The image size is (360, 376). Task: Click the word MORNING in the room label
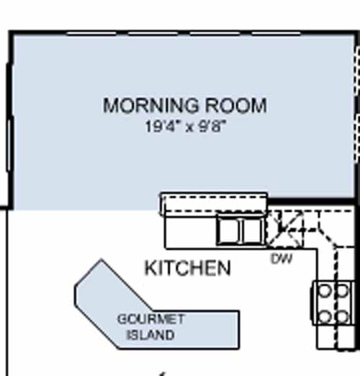[151, 105]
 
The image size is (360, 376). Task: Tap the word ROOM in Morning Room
[236, 105]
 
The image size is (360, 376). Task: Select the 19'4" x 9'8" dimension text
[186, 126]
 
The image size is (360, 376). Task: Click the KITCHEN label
[188, 268]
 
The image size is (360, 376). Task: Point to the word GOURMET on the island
[151, 319]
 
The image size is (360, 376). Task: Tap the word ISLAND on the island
[150, 335]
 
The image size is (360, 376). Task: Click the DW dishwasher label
[282, 259]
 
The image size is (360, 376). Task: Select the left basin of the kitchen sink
[228, 230]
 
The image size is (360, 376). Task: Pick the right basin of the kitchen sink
[252, 230]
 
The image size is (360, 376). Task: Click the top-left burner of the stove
[324, 290]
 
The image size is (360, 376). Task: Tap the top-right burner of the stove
[342, 290]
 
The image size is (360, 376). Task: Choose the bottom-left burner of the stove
[324, 316]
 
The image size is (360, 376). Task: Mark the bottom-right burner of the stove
[342, 316]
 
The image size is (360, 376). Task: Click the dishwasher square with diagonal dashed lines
[284, 229]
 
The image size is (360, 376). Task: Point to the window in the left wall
[9, 145]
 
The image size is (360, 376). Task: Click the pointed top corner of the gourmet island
[102, 259]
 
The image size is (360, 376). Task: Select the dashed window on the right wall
[357, 104]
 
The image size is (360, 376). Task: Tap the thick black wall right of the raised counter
[311, 202]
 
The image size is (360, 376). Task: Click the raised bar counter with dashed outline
[214, 204]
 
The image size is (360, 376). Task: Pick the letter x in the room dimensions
[189, 127]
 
